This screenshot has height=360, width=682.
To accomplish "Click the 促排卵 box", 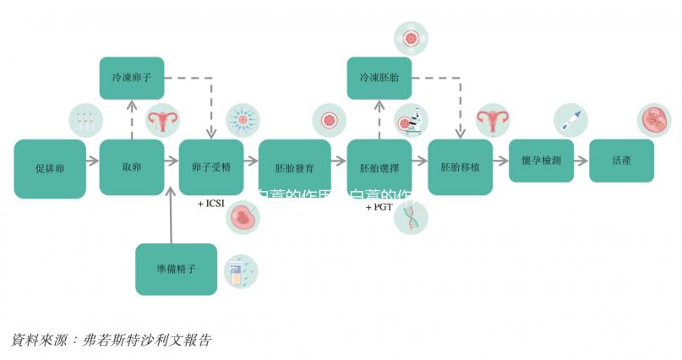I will (x=50, y=168).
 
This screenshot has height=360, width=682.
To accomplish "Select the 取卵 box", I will (x=131, y=167).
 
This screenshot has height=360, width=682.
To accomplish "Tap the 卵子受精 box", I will (x=211, y=167).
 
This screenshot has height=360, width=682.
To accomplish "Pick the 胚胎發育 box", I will (x=294, y=167).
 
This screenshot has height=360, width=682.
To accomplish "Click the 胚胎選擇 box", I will (x=379, y=167).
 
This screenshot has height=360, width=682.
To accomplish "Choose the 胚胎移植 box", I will (x=460, y=167).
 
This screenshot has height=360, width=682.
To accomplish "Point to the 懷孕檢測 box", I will (x=541, y=160).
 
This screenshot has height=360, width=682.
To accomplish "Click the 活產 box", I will (x=621, y=160).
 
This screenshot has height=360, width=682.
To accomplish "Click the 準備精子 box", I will (x=176, y=269).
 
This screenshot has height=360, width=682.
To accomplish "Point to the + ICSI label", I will (x=212, y=204).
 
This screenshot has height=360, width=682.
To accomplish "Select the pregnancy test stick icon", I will (x=570, y=120).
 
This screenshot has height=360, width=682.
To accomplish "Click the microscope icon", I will (x=412, y=121).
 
